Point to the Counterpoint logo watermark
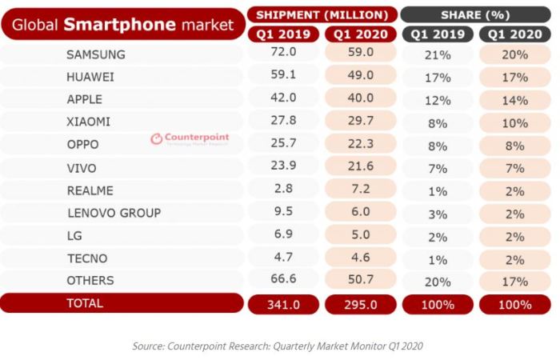[x=190, y=138]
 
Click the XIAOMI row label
[x=89, y=122]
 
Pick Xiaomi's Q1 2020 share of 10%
[x=515, y=123]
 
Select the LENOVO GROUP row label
[x=114, y=213]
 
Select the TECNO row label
[x=86, y=258]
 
